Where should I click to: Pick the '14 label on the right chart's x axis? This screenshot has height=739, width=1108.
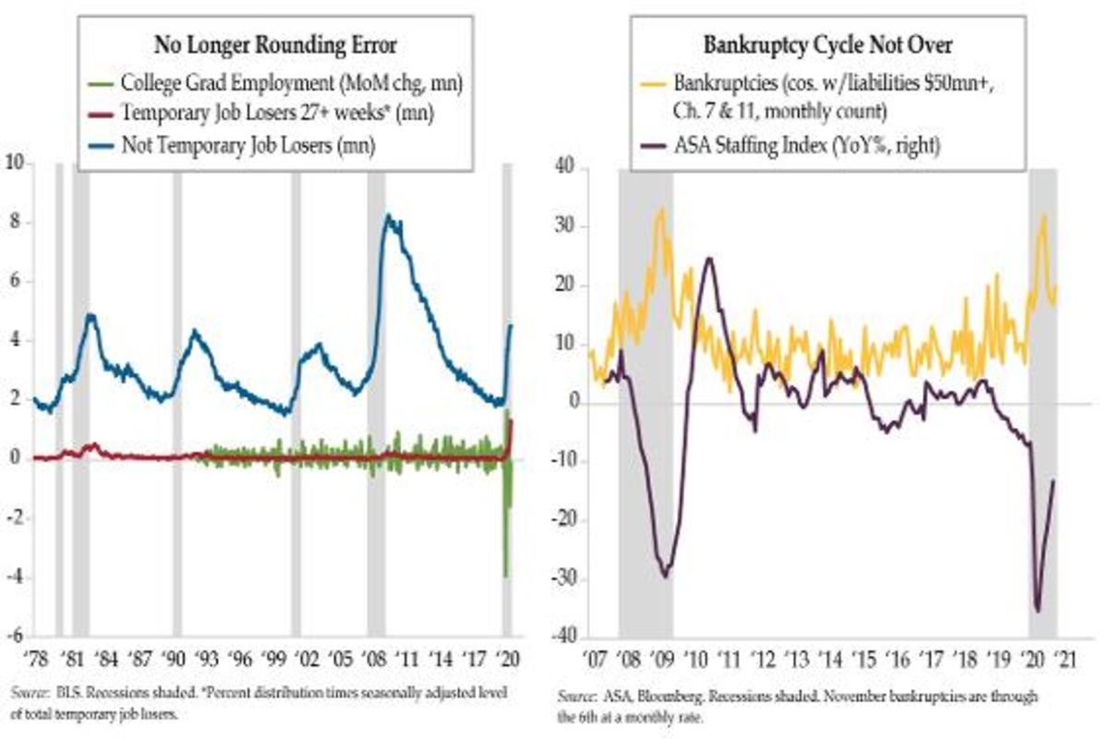(828, 661)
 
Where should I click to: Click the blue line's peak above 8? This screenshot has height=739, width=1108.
(388, 216)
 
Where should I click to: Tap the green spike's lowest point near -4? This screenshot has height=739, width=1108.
(505, 576)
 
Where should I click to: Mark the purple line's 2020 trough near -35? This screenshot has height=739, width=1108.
(1037, 611)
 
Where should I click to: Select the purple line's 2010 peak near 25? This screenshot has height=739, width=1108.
(709, 258)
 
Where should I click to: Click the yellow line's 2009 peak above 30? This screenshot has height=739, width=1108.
(660, 209)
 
